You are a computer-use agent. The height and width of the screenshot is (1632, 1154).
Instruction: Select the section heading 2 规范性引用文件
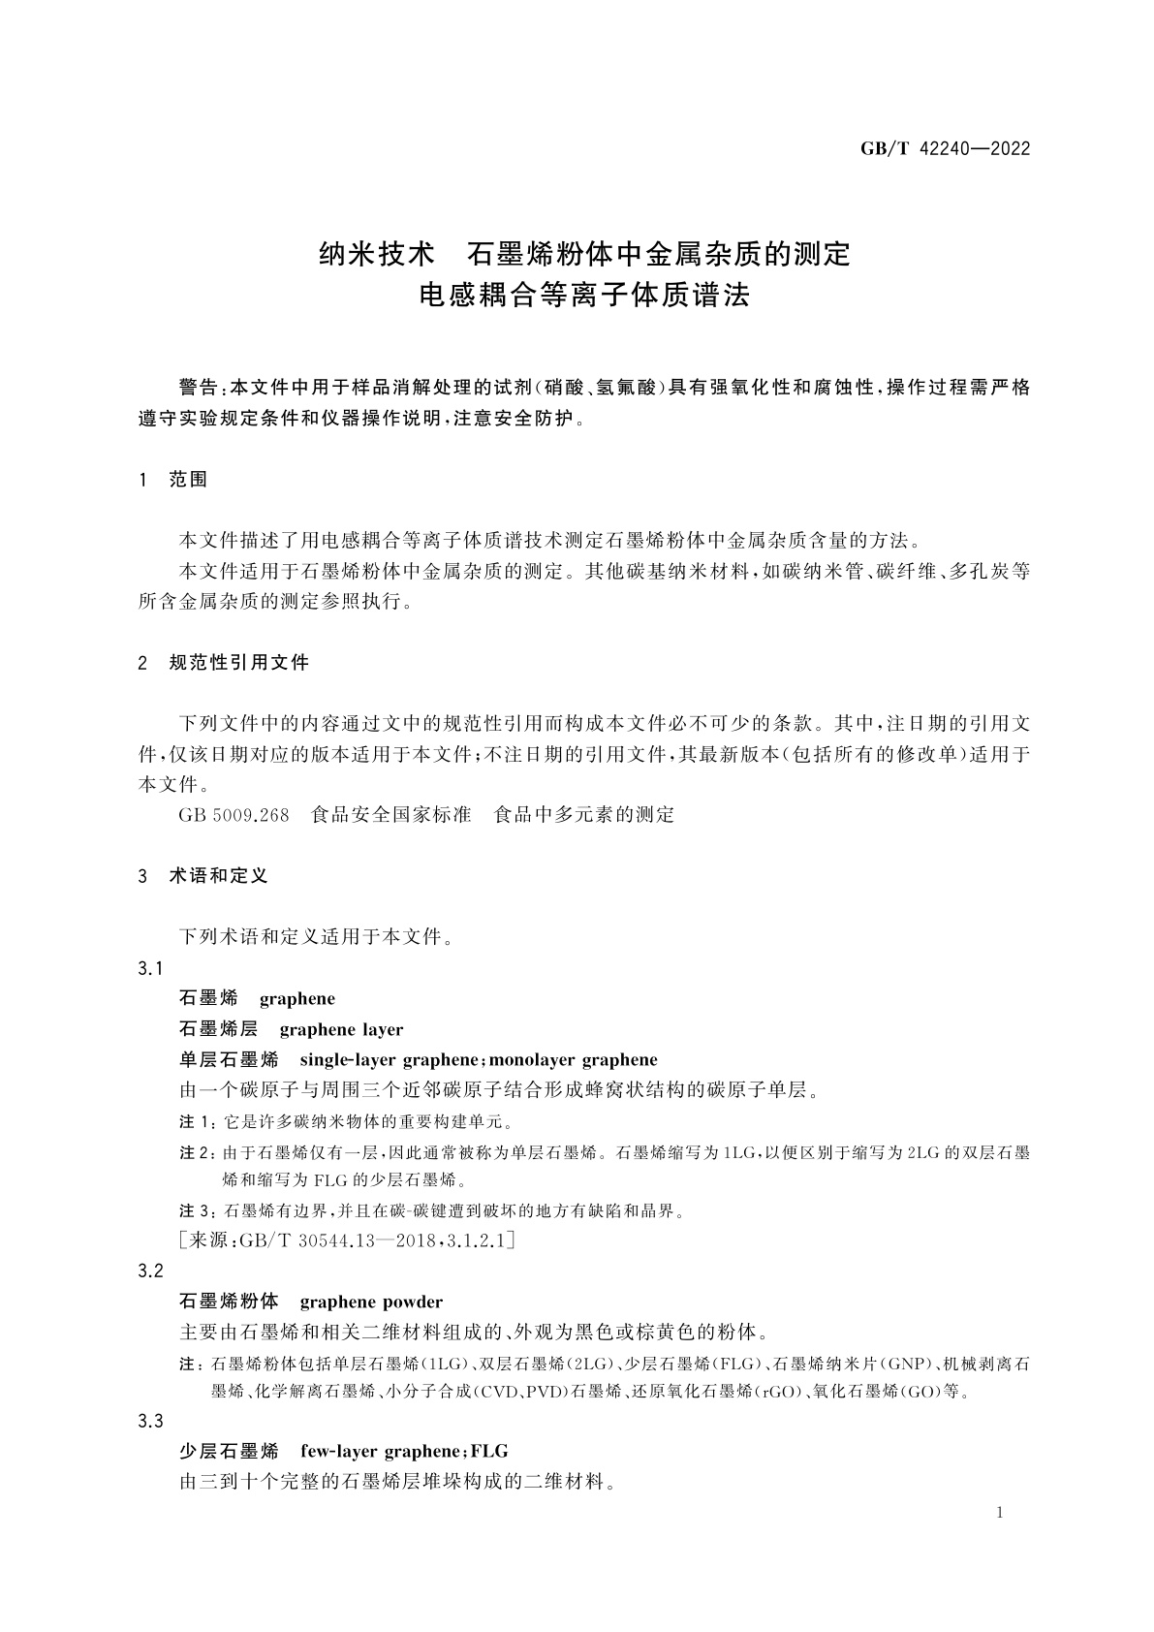(x=224, y=663)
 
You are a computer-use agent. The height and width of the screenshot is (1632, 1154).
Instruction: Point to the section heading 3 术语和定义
(x=203, y=875)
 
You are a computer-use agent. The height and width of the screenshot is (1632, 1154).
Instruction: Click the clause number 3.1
(x=151, y=968)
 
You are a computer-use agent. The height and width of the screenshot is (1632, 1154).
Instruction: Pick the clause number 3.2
(x=151, y=1271)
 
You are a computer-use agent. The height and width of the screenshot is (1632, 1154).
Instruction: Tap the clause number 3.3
(x=151, y=1421)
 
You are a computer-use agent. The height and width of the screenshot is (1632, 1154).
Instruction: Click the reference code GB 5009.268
(x=234, y=815)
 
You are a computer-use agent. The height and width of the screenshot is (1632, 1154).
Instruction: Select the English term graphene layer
(x=341, y=1029)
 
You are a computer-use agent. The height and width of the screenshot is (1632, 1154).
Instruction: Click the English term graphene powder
(x=371, y=1302)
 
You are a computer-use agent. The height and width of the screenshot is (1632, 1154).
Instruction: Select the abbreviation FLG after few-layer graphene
(x=489, y=1451)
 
